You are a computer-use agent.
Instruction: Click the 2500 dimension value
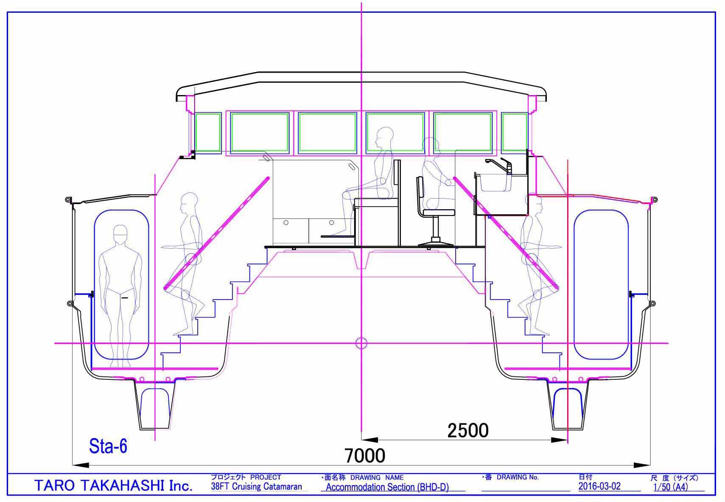coord(467,430)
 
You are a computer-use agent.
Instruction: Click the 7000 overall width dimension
coord(365,456)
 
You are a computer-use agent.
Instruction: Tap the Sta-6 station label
coord(108,446)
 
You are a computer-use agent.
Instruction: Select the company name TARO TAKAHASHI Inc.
coord(113,485)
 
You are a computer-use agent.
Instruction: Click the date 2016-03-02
coord(599,486)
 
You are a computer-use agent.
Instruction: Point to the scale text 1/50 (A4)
coord(671,487)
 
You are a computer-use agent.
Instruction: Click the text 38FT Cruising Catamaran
coord(256,486)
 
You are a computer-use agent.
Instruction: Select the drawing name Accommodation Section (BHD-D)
coord(387,487)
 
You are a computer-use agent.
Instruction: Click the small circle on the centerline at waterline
coord(361,343)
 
